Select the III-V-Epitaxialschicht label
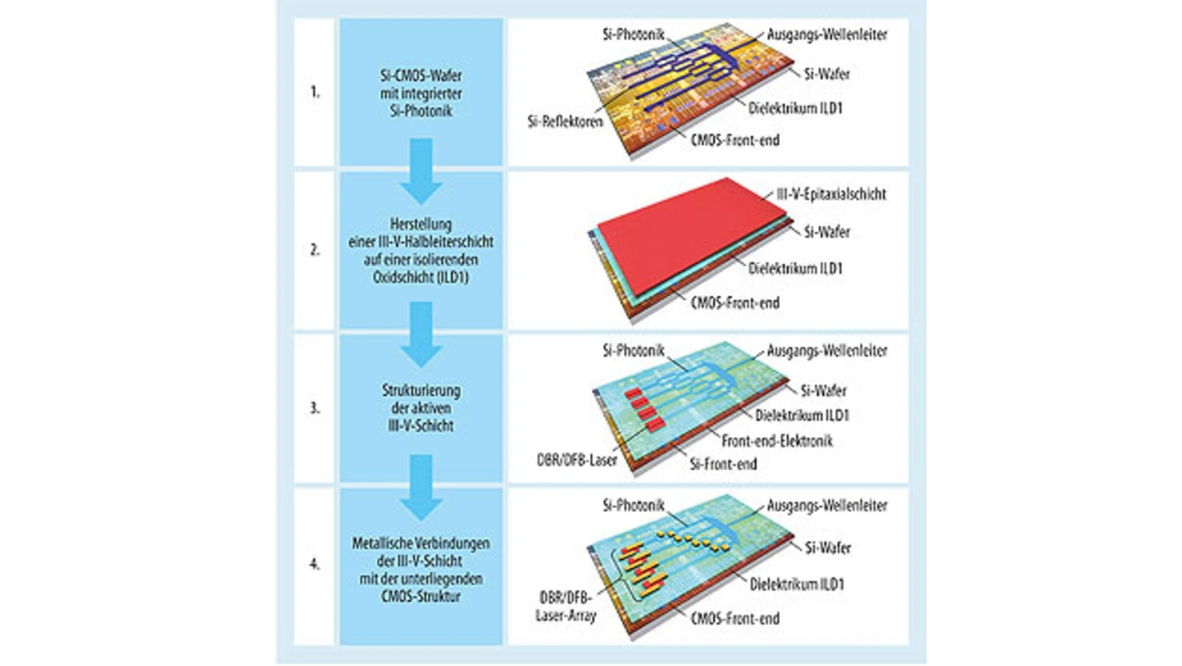(827, 196)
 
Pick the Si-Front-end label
(722, 464)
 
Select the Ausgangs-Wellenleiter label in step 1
(827, 35)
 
